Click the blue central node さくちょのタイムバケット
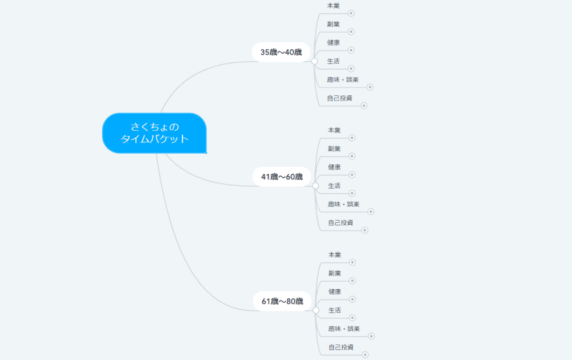click(154, 133)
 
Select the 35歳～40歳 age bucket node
click(281, 52)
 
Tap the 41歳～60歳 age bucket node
click(282, 177)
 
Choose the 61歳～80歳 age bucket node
click(282, 301)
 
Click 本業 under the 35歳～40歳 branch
click(333, 6)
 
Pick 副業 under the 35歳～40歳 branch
click(333, 24)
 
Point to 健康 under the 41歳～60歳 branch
click(334, 167)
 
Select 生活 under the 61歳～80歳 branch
click(334, 310)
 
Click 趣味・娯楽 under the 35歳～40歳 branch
click(343, 79)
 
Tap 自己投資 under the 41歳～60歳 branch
click(341, 222)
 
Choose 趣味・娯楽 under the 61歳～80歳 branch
click(344, 329)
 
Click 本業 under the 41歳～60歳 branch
click(334, 130)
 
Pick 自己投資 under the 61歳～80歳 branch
click(341, 347)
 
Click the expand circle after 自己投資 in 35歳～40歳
click(363, 106)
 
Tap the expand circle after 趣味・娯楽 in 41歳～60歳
click(371, 211)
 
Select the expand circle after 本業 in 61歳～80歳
click(353, 262)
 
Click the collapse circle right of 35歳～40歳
click(314, 61)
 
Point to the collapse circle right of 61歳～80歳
click(316, 310)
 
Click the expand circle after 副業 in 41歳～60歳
click(352, 156)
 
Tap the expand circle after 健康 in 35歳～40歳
click(351, 50)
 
